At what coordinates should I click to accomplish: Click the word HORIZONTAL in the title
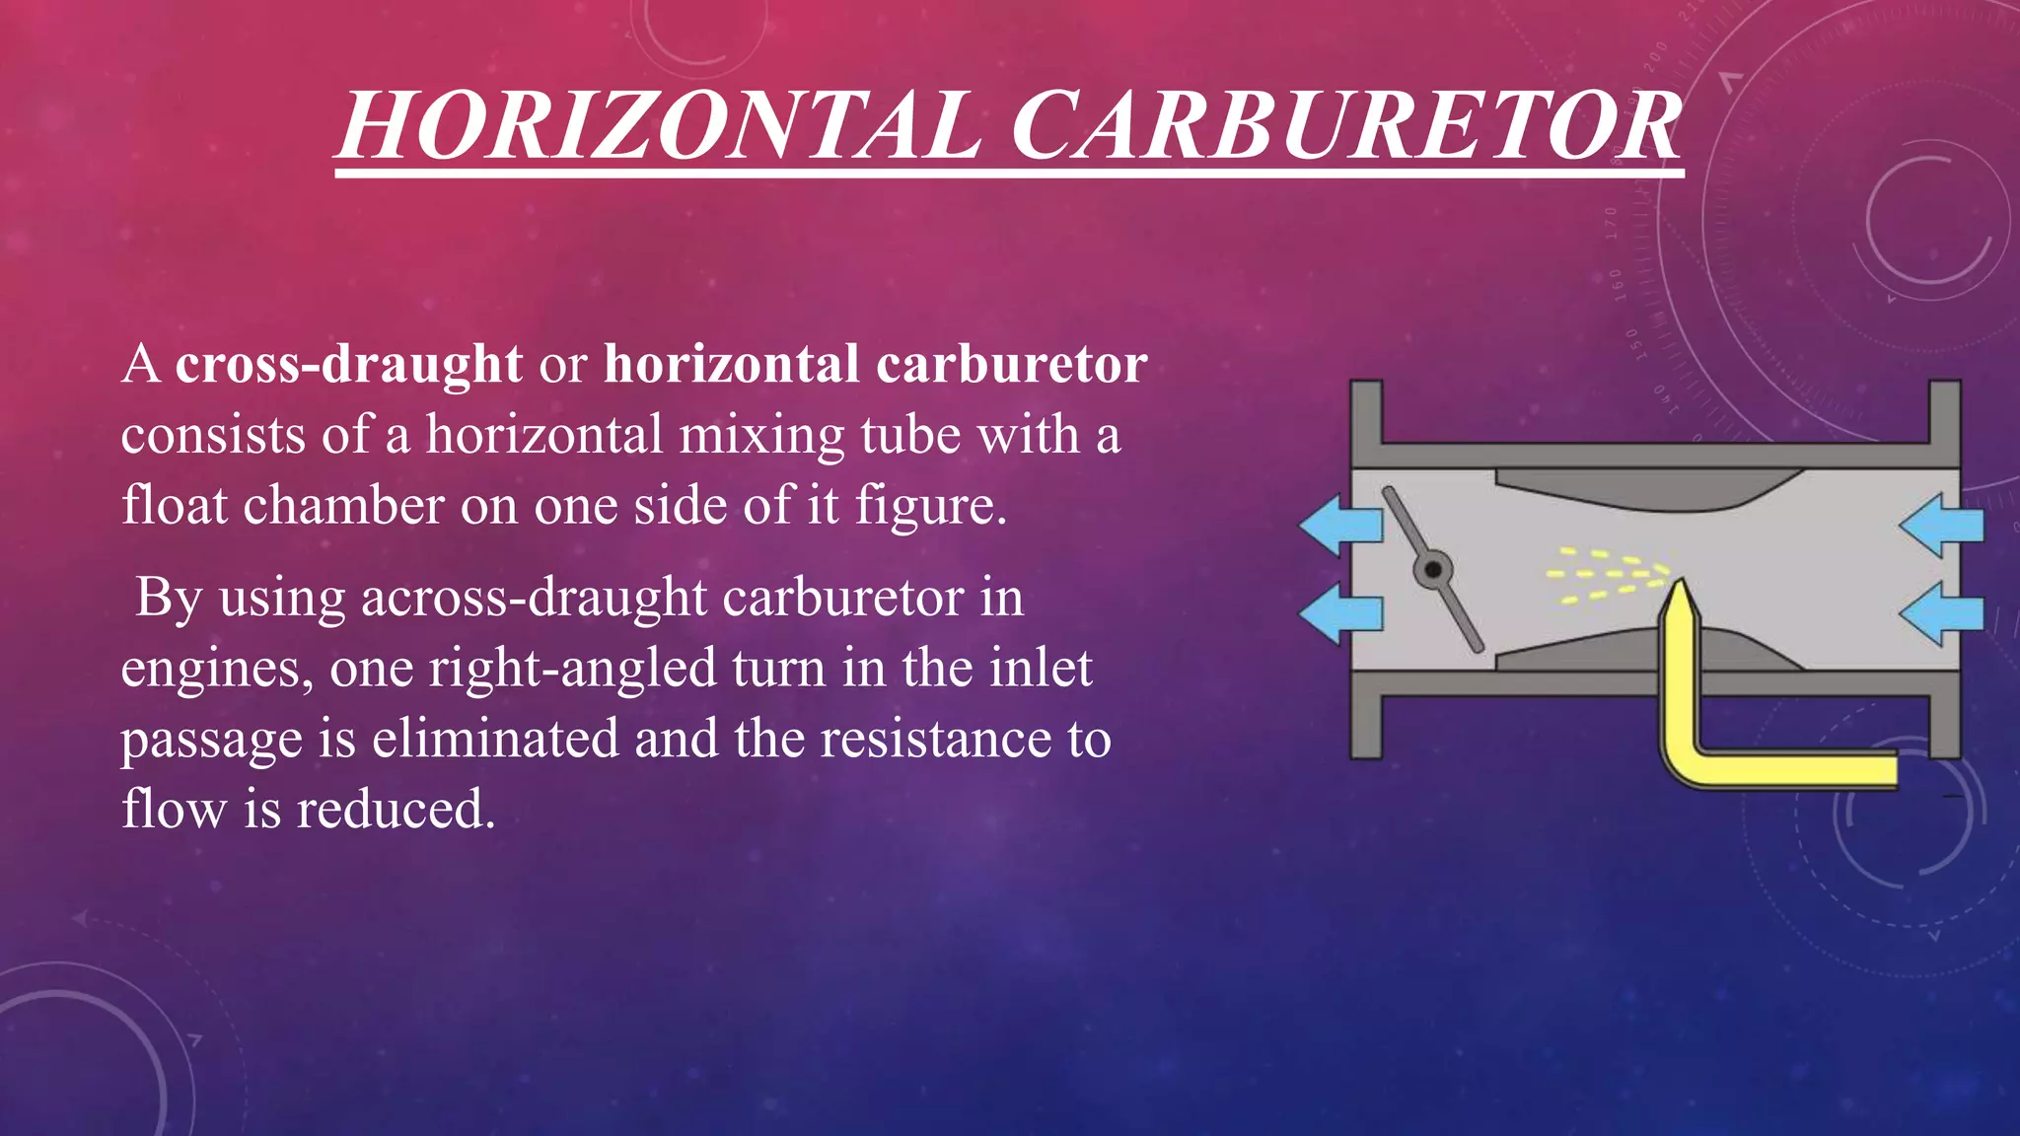point(659,125)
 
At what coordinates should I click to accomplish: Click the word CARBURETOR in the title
point(1346,125)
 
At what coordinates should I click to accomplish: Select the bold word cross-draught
point(348,364)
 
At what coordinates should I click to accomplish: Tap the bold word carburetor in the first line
point(1011,364)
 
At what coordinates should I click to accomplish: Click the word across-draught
point(534,598)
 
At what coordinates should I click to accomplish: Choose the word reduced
point(395,810)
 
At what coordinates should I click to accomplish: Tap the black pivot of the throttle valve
point(1432,570)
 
